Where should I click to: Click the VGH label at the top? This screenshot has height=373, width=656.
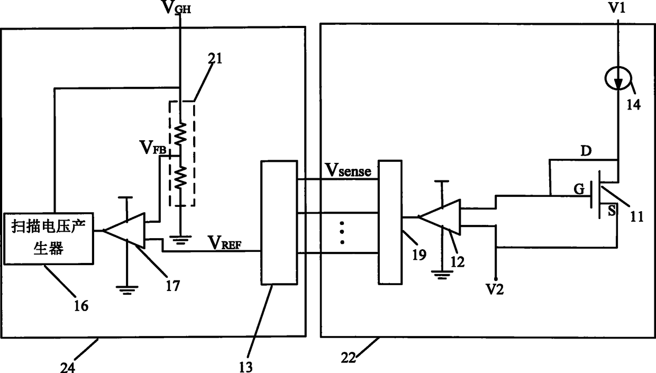pos(177,7)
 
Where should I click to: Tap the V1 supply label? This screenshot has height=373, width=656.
pos(617,7)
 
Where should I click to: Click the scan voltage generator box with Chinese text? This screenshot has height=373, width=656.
pos(49,239)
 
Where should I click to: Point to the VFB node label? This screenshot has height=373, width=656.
pos(153,147)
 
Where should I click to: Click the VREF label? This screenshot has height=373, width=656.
pos(225,242)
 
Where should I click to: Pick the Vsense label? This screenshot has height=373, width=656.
pos(349,170)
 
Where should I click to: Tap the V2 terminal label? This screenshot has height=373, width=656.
pos(495,289)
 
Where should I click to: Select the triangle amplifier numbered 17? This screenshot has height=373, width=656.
pos(124,231)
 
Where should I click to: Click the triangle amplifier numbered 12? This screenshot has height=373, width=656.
pos(439,217)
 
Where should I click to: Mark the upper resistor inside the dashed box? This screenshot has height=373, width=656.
pos(180,133)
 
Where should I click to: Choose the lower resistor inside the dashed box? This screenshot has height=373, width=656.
pos(180,177)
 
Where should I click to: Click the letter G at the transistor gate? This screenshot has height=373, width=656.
pos(579,189)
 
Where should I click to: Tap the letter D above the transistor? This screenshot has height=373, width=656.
pos(586,151)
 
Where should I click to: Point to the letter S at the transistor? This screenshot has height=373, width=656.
pos(612,211)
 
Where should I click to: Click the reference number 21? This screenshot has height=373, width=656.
pos(215,59)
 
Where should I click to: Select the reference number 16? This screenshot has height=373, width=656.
pos(81,306)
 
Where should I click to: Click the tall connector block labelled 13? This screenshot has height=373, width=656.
pos(279,223)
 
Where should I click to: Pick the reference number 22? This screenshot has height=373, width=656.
pos(348,358)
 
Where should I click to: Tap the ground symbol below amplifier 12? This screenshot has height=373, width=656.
pos(442,275)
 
